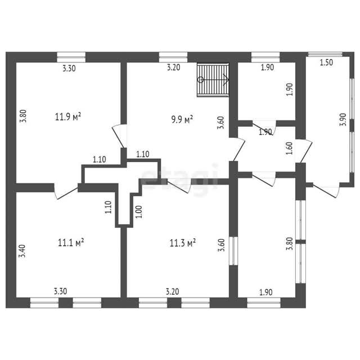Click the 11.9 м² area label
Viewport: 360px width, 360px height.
[68, 116]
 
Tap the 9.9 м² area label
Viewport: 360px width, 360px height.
[182, 119]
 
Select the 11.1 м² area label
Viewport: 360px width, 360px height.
[71, 242]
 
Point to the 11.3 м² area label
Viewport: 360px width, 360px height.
[182, 242]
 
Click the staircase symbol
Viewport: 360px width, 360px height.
[213, 80]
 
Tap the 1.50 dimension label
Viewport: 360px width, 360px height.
[326, 62]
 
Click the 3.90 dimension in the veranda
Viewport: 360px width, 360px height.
[343, 120]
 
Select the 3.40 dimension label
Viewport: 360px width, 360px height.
[22, 251]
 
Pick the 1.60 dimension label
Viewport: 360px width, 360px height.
[290, 148]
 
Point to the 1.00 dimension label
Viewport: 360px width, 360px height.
[139, 211]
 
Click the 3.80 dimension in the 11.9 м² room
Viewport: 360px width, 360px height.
[24, 116]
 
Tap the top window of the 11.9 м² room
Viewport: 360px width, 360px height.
[71, 57]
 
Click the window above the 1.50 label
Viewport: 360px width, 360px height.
[325, 54]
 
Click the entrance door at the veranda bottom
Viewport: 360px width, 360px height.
[326, 190]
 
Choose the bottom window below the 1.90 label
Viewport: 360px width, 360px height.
[264, 303]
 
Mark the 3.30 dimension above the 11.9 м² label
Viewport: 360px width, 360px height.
[69, 68]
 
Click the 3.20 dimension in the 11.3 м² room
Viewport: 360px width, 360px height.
[173, 291]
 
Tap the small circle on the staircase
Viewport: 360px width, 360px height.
[201, 80]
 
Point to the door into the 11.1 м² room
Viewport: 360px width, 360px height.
[66, 191]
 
